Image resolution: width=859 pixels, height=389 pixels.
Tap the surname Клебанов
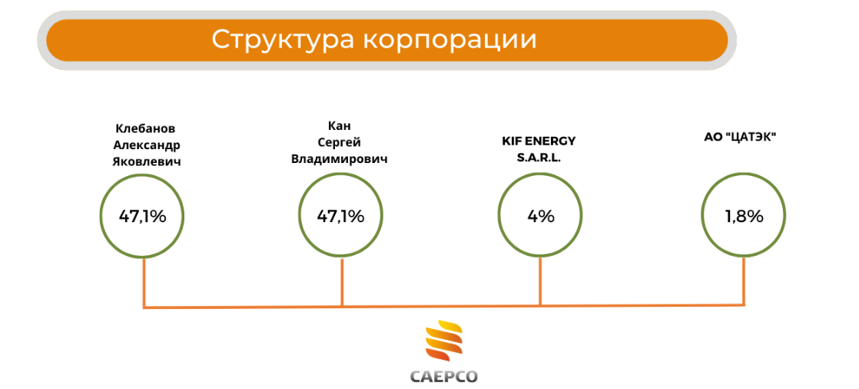[x=146, y=128]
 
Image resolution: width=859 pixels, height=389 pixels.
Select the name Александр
[x=146, y=146]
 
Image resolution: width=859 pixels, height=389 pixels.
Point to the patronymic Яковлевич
[x=146, y=163]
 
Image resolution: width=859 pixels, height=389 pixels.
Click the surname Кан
[x=339, y=127]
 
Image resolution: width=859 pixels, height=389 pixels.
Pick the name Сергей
[x=340, y=143]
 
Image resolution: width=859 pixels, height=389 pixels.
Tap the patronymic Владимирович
[x=340, y=160]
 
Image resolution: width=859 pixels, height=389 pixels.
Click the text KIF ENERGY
[x=539, y=141]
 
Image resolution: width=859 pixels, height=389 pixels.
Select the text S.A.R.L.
[x=539, y=158]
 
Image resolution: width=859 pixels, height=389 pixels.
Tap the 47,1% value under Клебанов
[x=142, y=217]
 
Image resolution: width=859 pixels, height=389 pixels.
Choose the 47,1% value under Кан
[x=340, y=217]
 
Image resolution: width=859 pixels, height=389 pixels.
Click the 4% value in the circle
[x=541, y=217]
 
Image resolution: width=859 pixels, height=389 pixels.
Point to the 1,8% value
[x=745, y=217]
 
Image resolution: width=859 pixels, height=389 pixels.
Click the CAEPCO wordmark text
[x=444, y=377]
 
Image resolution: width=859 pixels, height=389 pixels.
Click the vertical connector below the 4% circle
[x=541, y=282]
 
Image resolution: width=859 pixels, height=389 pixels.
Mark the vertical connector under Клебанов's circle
[x=144, y=283]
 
